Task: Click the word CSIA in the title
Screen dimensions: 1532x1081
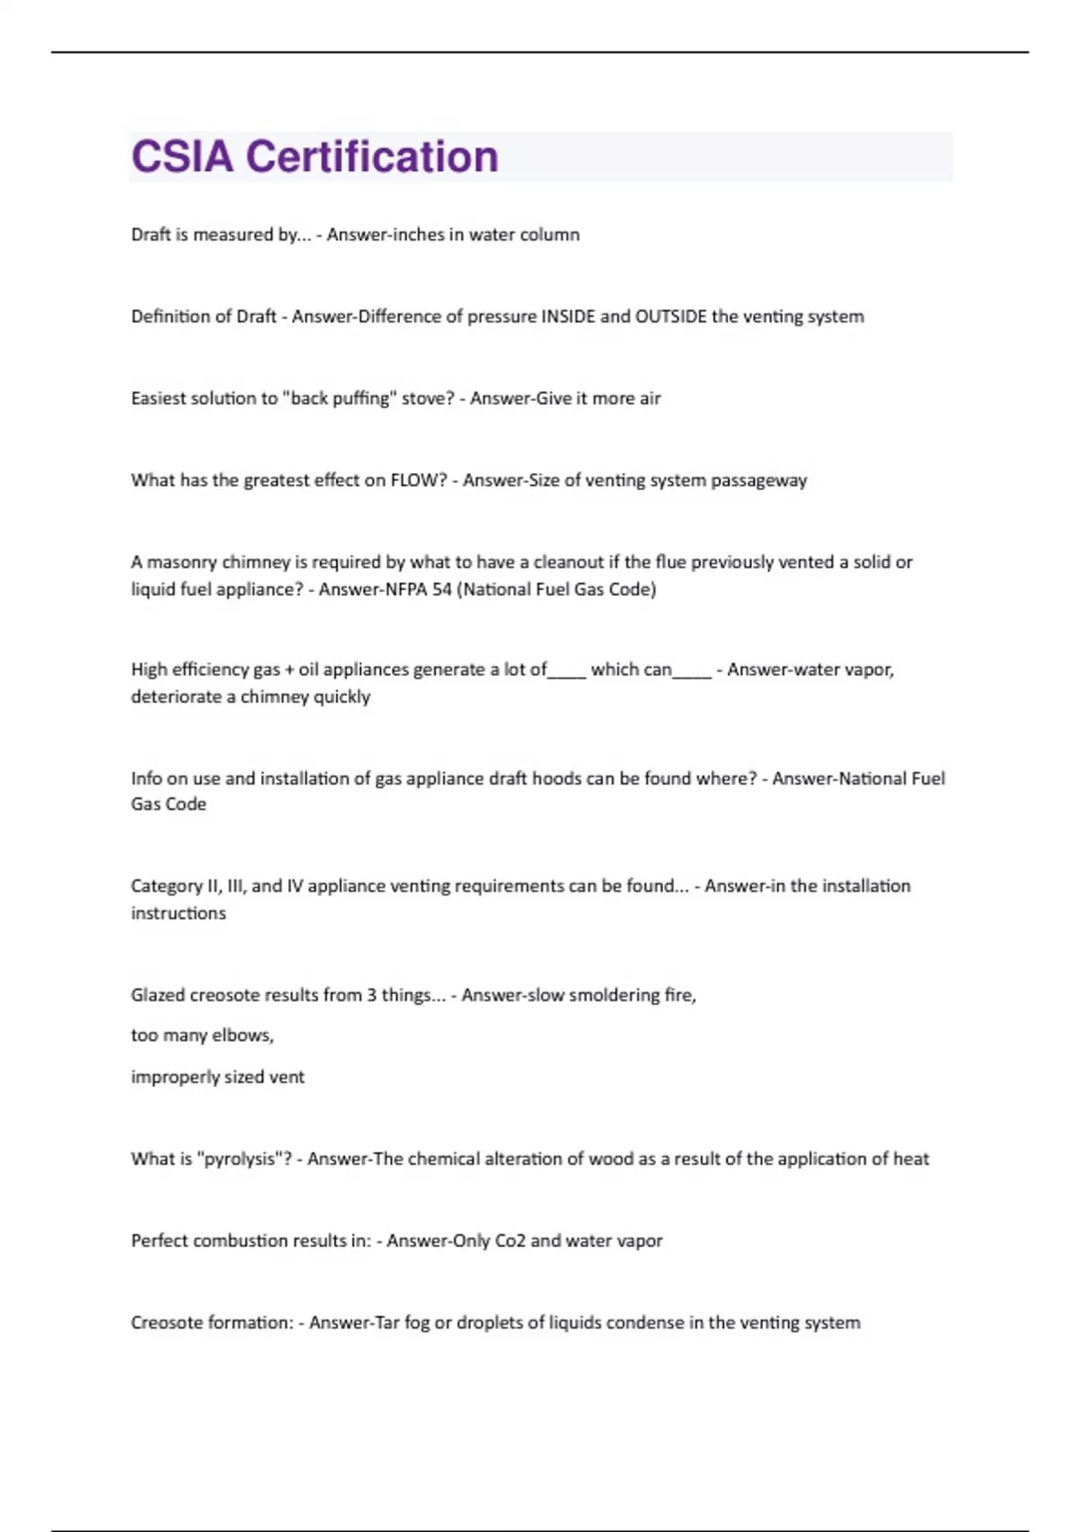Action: click(182, 157)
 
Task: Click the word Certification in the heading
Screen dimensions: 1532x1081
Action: click(372, 157)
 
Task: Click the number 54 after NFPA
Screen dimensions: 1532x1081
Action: click(441, 589)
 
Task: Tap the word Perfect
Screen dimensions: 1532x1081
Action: click(159, 1241)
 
